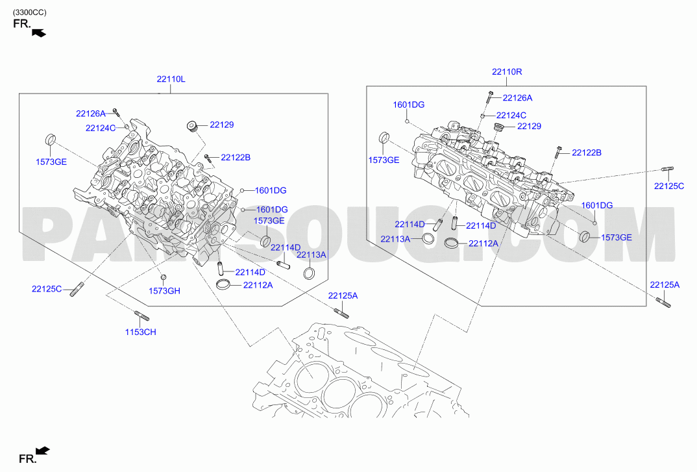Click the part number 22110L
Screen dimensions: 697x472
pos(171,79)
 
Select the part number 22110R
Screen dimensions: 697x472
pos(507,71)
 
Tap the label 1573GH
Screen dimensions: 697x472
pos(164,291)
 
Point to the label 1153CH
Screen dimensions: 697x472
pos(140,332)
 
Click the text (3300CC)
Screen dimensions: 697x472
pos(29,12)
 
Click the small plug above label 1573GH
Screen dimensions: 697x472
pos(163,278)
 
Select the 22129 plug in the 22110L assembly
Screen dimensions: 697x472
pos(193,127)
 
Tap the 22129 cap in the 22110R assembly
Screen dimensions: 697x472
pos(499,127)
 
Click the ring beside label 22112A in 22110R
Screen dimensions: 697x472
pos(451,243)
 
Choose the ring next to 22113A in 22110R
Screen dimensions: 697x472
pos(428,238)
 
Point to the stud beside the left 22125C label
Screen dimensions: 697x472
pos(77,290)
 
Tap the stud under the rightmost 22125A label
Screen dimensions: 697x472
pos(663,303)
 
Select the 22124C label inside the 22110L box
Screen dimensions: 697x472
pos(101,128)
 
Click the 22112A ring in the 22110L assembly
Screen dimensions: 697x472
pos(223,284)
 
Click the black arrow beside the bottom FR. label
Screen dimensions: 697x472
pos(43,451)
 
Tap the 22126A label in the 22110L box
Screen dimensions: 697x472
pos(91,114)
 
